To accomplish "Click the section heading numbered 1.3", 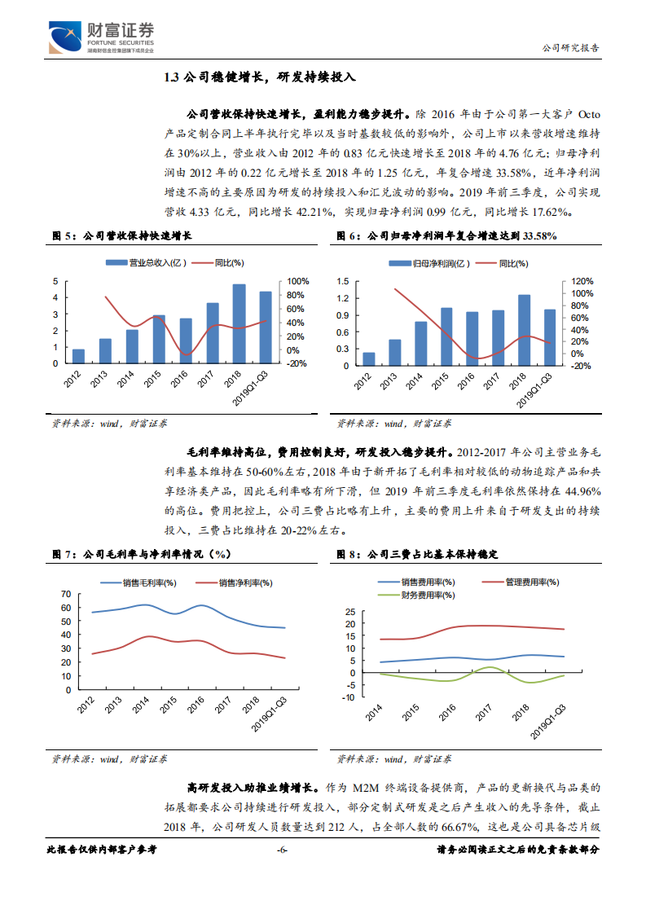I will [260, 77].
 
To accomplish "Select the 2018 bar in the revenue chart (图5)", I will [239, 323].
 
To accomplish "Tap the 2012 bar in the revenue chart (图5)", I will [78, 356].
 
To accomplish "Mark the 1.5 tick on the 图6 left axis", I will [343, 281].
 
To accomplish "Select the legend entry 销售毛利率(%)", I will [143, 582].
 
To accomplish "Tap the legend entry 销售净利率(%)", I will [240, 582].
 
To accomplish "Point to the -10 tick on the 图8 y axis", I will [349, 697].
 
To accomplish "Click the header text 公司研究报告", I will [570, 48].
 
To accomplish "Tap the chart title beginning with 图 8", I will [417, 554].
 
